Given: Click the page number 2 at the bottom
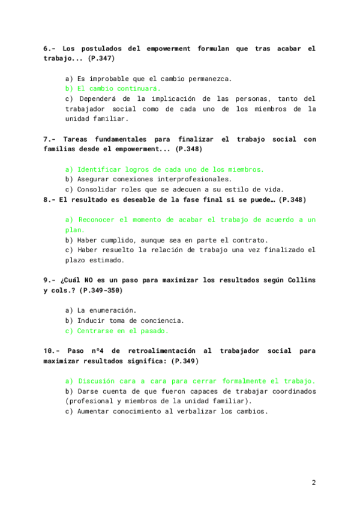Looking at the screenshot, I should [x=313, y=482].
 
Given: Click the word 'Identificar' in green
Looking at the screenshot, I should [x=101, y=169].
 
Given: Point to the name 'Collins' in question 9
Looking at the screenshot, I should [x=302, y=280].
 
